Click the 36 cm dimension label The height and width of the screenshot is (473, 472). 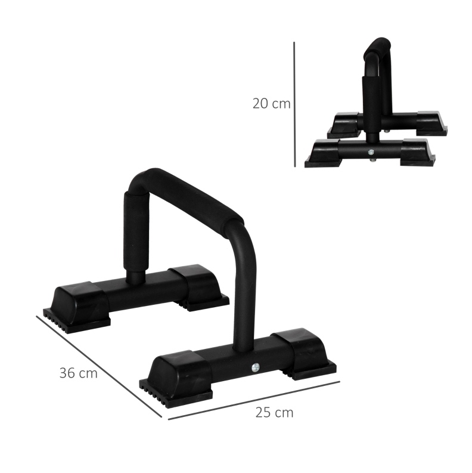click(x=78, y=373)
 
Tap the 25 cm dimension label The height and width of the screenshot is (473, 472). click(x=274, y=412)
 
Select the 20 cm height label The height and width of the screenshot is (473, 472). click(x=271, y=103)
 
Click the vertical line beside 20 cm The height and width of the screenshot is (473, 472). click(x=294, y=104)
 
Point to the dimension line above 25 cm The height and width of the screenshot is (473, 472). click(x=254, y=401)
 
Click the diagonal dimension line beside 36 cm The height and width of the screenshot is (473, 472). click(x=99, y=366)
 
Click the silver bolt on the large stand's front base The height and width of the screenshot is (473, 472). click(x=256, y=367)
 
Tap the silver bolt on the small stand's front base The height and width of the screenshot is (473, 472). click(x=371, y=152)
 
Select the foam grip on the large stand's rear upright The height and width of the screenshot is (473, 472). click(x=136, y=231)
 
